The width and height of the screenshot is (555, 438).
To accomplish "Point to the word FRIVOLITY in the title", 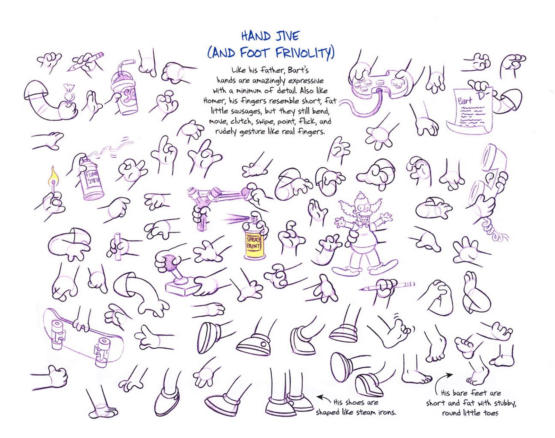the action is pyautogui.click(x=305, y=53).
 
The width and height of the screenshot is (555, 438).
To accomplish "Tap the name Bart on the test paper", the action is pyautogui.click(x=465, y=101).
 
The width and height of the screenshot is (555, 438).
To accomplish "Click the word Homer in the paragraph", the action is pyautogui.click(x=213, y=101).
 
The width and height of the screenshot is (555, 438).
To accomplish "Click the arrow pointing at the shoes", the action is pyautogui.click(x=323, y=398).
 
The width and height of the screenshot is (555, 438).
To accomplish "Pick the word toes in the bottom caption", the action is pyautogui.click(x=491, y=413).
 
